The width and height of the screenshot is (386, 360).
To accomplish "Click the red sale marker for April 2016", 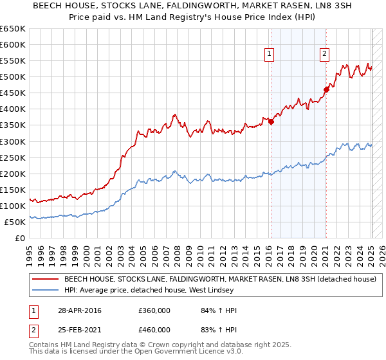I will pos(271,121).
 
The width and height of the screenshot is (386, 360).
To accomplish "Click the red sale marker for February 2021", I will pos(326,89).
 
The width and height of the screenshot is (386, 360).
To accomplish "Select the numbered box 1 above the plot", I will pos(268,54).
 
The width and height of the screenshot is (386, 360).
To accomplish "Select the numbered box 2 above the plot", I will pos(324,54).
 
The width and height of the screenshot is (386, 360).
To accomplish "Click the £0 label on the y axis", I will pos(20,238).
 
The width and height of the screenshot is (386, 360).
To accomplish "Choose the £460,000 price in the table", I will pos(154,329).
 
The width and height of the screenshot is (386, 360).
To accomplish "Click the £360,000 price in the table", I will pos(154,310).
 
